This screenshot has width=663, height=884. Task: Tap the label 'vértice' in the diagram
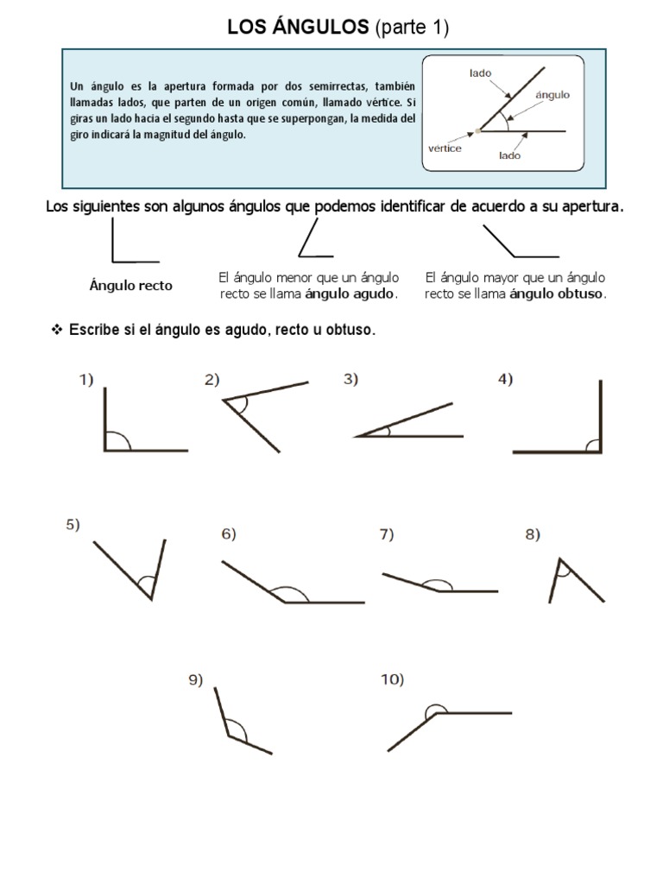445,148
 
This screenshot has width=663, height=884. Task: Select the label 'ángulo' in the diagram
552,95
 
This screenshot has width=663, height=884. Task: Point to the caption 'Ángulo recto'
131,286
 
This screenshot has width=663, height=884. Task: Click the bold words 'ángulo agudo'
356,294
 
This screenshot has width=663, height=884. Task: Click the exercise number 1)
85,379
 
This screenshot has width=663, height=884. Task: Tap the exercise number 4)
506,379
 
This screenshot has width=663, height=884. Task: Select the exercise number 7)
386,534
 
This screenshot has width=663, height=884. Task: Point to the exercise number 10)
392,680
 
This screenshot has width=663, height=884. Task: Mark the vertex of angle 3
356,436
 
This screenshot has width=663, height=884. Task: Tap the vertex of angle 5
151,597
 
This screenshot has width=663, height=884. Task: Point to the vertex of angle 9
227,736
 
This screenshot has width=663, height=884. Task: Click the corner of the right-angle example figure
113,261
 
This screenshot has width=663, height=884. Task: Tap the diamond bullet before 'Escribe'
58,331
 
